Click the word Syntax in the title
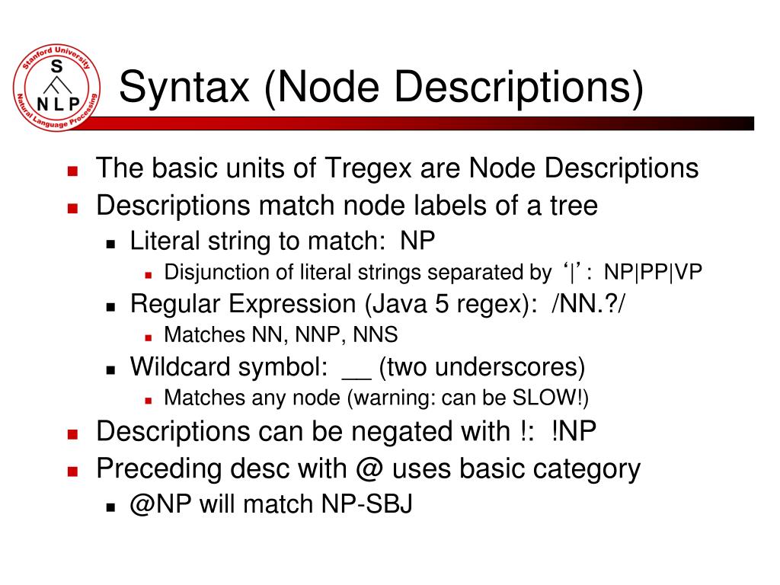click(183, 86)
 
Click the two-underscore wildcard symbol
click(356, 369)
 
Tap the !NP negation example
click(575, 432)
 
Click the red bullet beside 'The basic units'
click(73, 170)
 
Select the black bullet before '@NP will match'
click(110, 506)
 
